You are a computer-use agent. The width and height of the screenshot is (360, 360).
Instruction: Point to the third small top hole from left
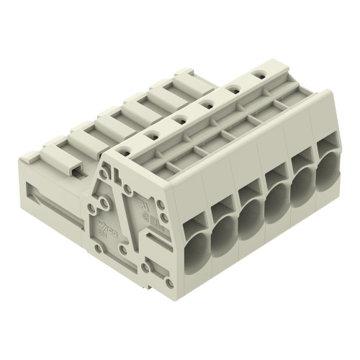point(179,119)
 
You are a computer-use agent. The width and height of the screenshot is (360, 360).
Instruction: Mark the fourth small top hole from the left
point(204,104)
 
